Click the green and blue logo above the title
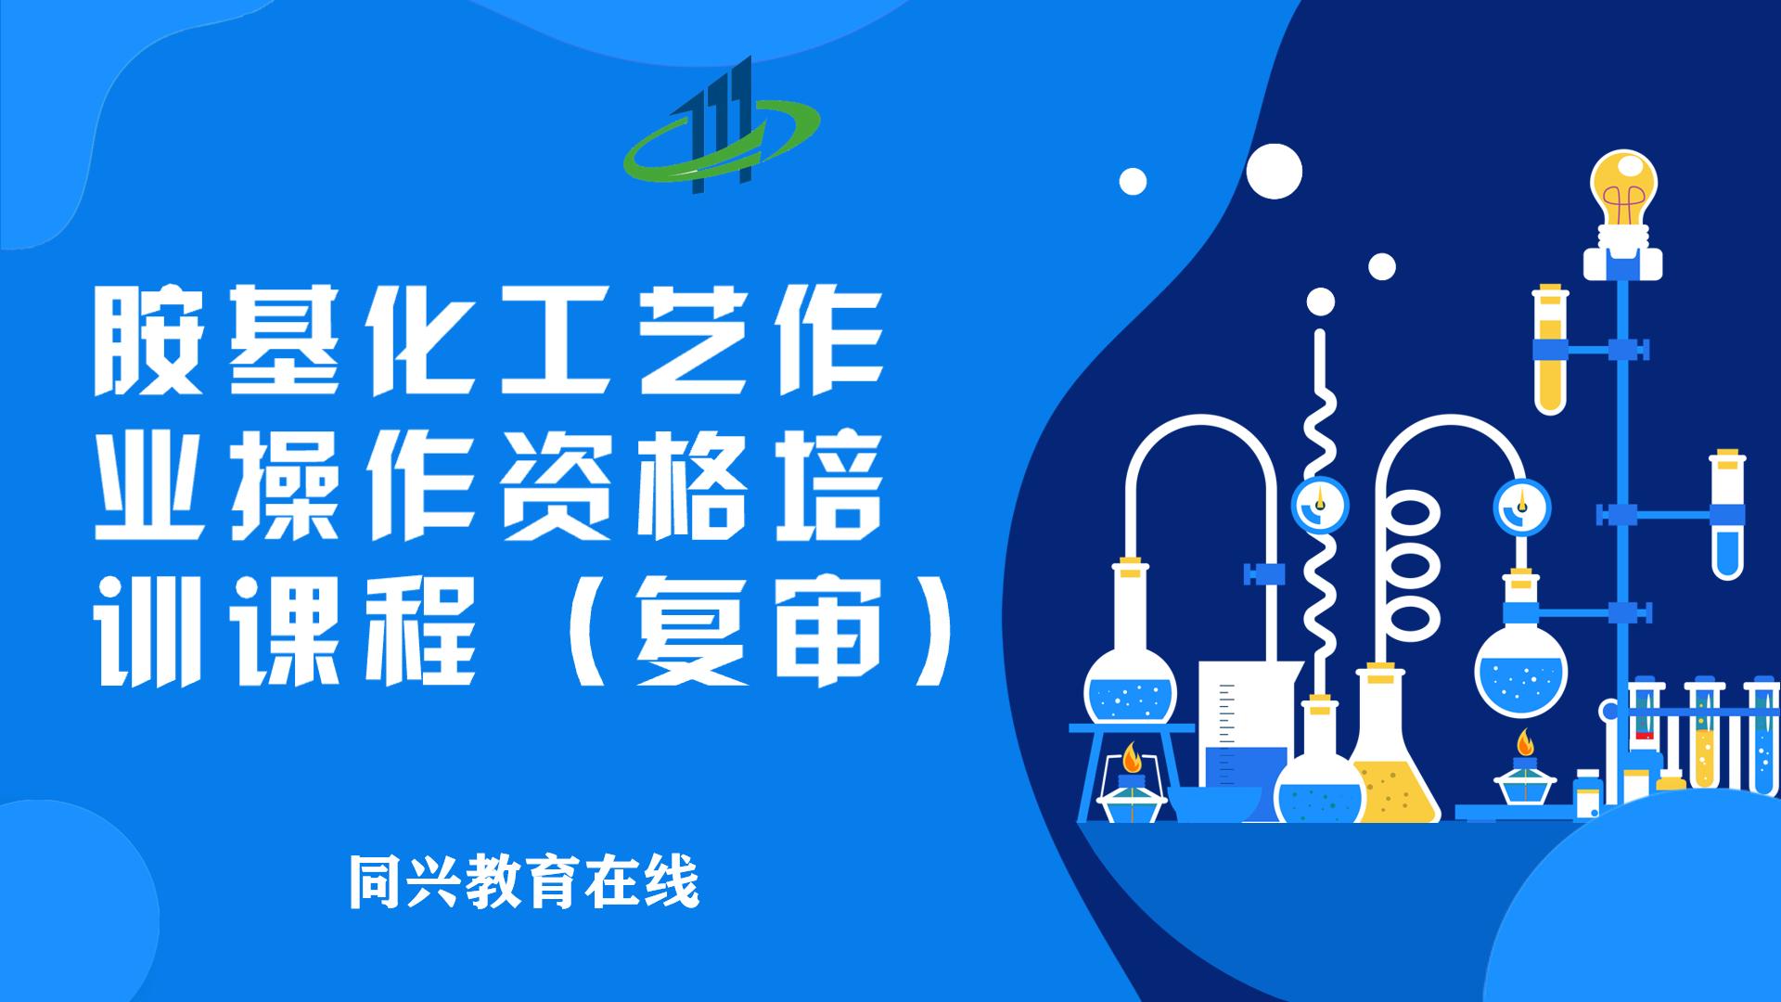tap(721, 130)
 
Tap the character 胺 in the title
tap(148, 340)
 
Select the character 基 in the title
tap(284, 340)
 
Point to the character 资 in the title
tap(557, 485)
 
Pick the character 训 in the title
tap(148, 631)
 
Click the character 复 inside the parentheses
tap(692, 631)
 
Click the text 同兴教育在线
tap(524, 881)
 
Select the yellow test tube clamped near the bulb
tap(1550, 350)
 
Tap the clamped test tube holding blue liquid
tap(1727, 515)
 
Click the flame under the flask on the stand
tap(1132, 758)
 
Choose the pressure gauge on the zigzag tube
tap(1320, 505)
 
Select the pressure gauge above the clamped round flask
tap(1522, 507)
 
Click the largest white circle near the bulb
tap(1274, 172)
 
